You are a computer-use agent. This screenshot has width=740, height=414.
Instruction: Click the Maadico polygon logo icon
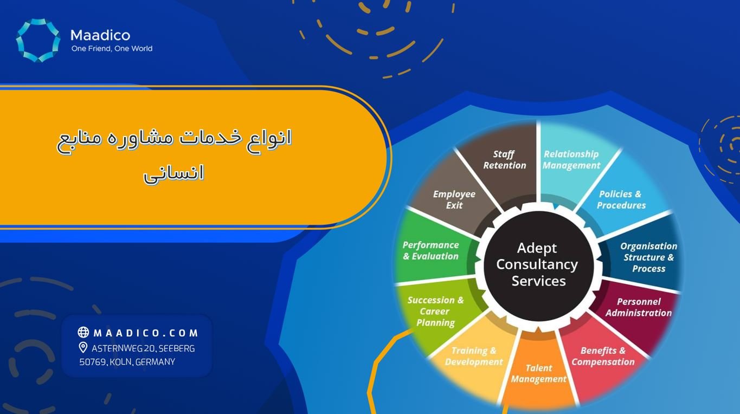pyautogui.click(x=38, y=40)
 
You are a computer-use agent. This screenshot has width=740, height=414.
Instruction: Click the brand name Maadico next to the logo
pyautogui.click(x=100, y=36)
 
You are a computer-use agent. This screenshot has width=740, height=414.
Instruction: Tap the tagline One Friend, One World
pyautogui.click(x=112, y=49)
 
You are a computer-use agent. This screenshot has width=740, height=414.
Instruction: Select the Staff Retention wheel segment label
pyautogui.click(x=504, y=160)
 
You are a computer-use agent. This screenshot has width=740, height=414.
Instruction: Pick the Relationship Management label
pyautogui.click(x=571, y=160)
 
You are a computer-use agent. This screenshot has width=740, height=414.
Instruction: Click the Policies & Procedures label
pyautogui.click(x=621, y=199)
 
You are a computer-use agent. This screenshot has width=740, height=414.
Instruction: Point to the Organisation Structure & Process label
pyautogui.click(x=648, y=257)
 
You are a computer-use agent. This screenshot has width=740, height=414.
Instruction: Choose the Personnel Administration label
pyautogui.click(x=639, y=307)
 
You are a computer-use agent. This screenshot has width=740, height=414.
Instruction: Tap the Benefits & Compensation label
pyautogui.click(x=603, y=356)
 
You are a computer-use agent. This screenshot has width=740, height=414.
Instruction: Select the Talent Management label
pyautogui.click(x=538, y=374)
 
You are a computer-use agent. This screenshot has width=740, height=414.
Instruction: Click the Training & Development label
pyautogui.click(x=474, y=356)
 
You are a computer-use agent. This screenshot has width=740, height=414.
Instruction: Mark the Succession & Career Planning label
pyautogui.click(x=435, y=311)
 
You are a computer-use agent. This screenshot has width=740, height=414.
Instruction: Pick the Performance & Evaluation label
pyautogui.click(x=430, y=250)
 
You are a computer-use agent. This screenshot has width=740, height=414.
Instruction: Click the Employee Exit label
pyautogui.click(x=454, y=199)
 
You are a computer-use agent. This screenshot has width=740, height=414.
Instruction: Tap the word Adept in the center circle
pyautogui.click(x=537, y=248)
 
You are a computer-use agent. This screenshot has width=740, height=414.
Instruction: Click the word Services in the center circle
pyautogui.click(x=538, y=281)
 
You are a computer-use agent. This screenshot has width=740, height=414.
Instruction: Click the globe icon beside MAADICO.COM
pyautogui.click(x=83, y=332)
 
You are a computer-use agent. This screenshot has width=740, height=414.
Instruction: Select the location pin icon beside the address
pyautogui.click(x=83, y=347)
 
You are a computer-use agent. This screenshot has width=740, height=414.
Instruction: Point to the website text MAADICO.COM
pyautogui.click(x=146, y=333)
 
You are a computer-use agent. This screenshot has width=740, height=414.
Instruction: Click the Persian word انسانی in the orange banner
pyautogui.click(x=173, y=173)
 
